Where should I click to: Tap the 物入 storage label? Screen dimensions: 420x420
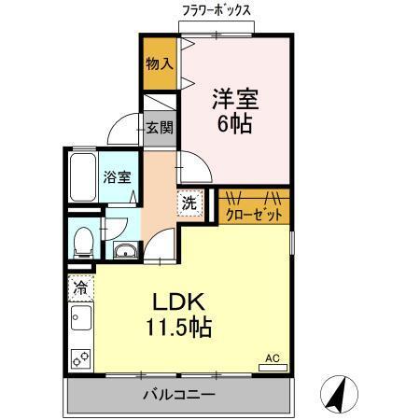(159, 63)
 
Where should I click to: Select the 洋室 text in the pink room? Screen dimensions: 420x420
(233, 98)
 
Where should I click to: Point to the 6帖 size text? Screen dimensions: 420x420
(233, 123)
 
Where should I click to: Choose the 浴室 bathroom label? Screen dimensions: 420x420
(117, 176)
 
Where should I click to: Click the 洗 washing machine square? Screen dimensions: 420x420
(189, 203)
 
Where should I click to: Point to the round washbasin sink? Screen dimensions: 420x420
(122, 250)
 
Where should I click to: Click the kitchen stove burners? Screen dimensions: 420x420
(81, 355)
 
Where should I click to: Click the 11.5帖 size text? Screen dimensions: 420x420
(177, 328)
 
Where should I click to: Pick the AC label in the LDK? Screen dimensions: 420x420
(273, 357)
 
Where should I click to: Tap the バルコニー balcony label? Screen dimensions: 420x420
(178, 395)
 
